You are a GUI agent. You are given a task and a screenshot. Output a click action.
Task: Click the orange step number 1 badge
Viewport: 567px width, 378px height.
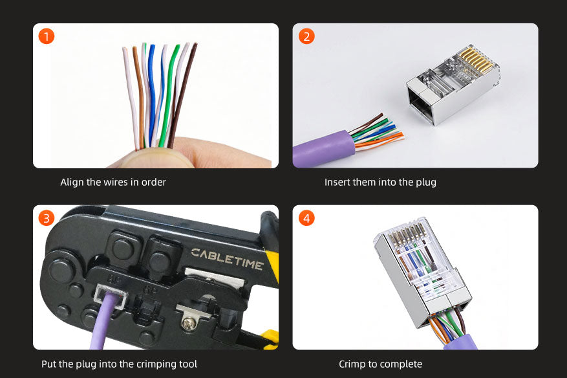pyautogui.click(x=47, y=36)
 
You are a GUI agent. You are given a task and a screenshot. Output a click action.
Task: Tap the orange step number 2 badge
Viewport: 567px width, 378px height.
pyautogui.click(x=306, y=36)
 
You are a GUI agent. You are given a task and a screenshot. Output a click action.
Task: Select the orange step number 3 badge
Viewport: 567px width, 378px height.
pyautogui.click(x=47, y=218)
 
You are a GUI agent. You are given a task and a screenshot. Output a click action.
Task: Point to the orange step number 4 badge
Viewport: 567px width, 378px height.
pyautogui.click(x=306, y=218)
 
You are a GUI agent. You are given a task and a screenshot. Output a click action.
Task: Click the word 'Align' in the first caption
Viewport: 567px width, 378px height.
pyautogui.click(x=72, y=182)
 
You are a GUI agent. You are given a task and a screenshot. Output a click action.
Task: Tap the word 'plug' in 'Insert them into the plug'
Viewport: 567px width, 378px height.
pyautogui.click(x=426, y=182)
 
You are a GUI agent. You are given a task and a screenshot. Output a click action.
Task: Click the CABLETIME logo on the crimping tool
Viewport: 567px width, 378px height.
pyautogui.click(x=227, y=258)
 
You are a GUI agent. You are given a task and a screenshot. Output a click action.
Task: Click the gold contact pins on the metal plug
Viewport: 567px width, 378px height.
pyautogui.click(x=476, y=60)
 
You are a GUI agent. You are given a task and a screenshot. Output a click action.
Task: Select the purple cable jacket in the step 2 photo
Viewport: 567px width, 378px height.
pyautogui.click(x=324, y=149)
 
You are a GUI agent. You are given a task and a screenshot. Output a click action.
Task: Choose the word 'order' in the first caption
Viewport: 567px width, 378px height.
pyautogui.click(x=154, y=182)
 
